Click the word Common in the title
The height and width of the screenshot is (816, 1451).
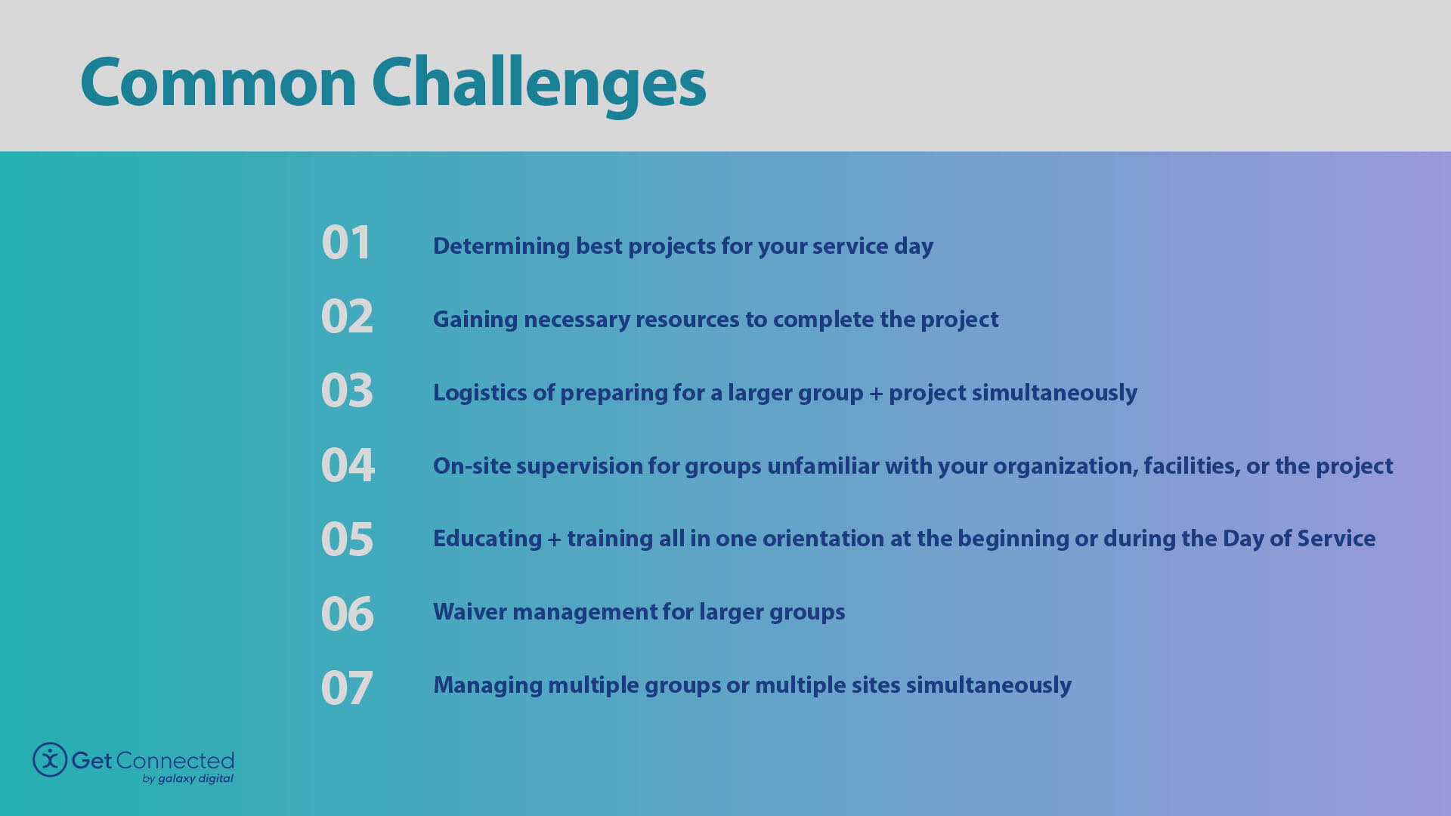coord(218,83)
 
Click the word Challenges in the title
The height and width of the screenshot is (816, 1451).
coord(538,83)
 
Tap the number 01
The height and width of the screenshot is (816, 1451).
coord(346,243)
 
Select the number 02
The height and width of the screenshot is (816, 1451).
coord(347,317)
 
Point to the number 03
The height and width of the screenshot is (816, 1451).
coord(347,391)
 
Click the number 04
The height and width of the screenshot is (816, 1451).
coord(348,465)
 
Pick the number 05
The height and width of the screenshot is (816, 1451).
coord(347,539)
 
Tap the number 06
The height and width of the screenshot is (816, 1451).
coord(347,613)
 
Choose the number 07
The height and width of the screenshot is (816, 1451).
coord(347,688)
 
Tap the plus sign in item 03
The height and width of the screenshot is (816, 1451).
coord(876,394)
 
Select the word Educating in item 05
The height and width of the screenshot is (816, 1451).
coord(487,539)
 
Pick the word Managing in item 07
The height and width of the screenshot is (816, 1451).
coord(487,685)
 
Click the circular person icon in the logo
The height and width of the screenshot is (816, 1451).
coord(50,759)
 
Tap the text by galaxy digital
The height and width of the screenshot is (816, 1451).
coord(188,779)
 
